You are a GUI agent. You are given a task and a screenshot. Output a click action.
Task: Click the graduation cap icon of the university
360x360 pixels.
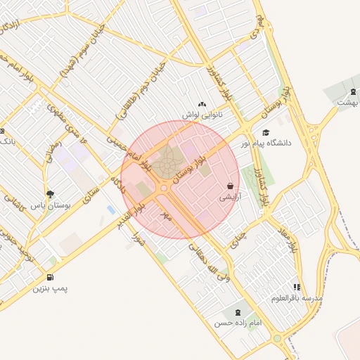[265, 133]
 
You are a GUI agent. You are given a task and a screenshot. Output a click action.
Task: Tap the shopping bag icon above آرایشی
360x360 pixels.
[231, 186]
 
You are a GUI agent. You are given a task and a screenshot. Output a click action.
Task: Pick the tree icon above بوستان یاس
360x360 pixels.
[49, 194]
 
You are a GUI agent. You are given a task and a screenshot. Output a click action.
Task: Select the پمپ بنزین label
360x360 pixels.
[50, 288]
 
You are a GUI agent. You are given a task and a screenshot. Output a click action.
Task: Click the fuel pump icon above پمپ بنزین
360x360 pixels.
[50, 278]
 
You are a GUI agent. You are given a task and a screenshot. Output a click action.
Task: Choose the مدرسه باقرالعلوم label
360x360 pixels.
[297, 298]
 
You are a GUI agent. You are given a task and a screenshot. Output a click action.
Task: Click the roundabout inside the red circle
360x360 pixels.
[164, 188]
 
